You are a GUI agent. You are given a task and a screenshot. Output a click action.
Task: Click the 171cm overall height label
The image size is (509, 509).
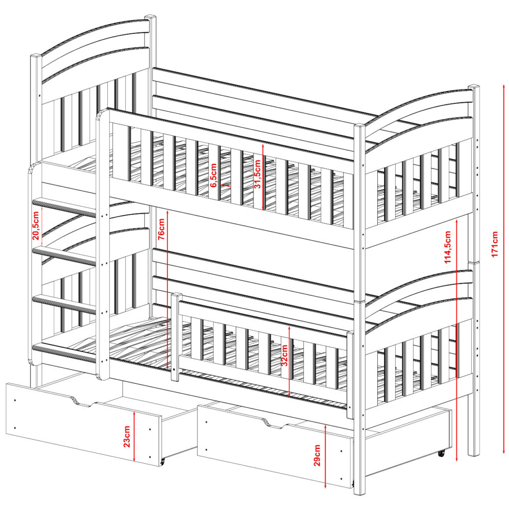tap(495, 244)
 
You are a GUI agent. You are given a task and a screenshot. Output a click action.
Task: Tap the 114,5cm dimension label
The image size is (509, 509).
tap(448, 247)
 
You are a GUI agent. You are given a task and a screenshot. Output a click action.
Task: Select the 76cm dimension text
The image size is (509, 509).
tap(162, 229)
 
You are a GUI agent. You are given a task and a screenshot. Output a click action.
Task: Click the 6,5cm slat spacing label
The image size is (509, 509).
tap(213, 175)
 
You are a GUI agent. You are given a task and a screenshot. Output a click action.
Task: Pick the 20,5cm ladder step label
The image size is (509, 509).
tap(36, 225)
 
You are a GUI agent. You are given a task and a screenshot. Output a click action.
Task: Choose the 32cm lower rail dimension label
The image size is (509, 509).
tap(284, 355)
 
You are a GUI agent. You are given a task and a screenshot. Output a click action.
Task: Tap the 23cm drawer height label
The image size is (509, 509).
tap(127, 436)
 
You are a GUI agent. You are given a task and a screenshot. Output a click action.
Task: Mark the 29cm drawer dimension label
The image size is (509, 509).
tap(317, 455)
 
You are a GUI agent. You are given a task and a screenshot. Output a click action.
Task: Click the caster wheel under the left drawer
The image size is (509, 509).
tap(163, 460)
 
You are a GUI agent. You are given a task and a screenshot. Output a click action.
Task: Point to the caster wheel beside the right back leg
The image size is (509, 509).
tap(441, 453)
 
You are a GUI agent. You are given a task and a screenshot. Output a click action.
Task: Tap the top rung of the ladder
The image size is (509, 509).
tap(64, 207)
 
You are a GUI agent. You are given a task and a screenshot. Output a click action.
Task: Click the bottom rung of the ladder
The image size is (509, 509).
tap(64, 353)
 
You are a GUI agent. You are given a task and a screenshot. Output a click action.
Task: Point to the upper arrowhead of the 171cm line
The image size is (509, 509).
tap(504, 85)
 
